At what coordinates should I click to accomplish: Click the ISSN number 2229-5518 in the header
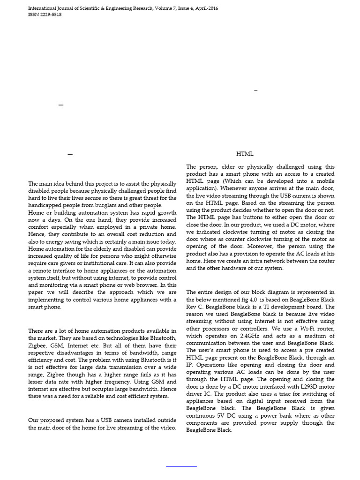[x=50, y=15]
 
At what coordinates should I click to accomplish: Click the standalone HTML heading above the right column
[x=245, y=154]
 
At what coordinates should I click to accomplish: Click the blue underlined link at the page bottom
[x=182, y=466]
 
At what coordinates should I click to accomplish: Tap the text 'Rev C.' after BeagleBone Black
[x=195, y=307]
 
